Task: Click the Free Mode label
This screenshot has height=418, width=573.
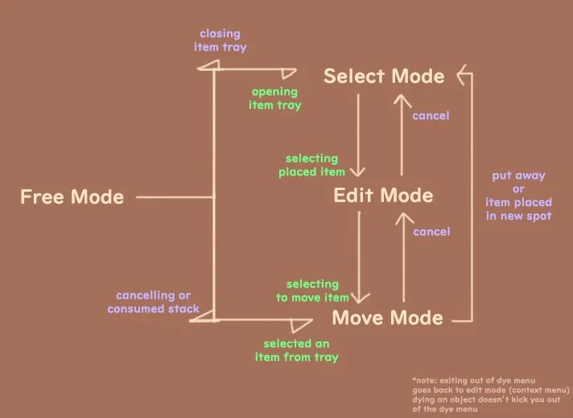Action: point(72,197)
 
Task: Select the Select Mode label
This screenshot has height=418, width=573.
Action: point(383,77)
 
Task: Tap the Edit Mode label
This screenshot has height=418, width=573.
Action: point(383,196)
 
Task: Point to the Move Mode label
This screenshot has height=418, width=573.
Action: point(387,317)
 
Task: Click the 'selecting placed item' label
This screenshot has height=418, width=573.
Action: point(311,165)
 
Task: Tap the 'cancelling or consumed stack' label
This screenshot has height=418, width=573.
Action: point(153,302)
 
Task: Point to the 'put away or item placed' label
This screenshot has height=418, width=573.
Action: point(518,196)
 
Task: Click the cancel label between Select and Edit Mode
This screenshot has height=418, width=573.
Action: point(431,116)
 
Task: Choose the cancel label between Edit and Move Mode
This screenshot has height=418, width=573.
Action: point(431,232)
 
